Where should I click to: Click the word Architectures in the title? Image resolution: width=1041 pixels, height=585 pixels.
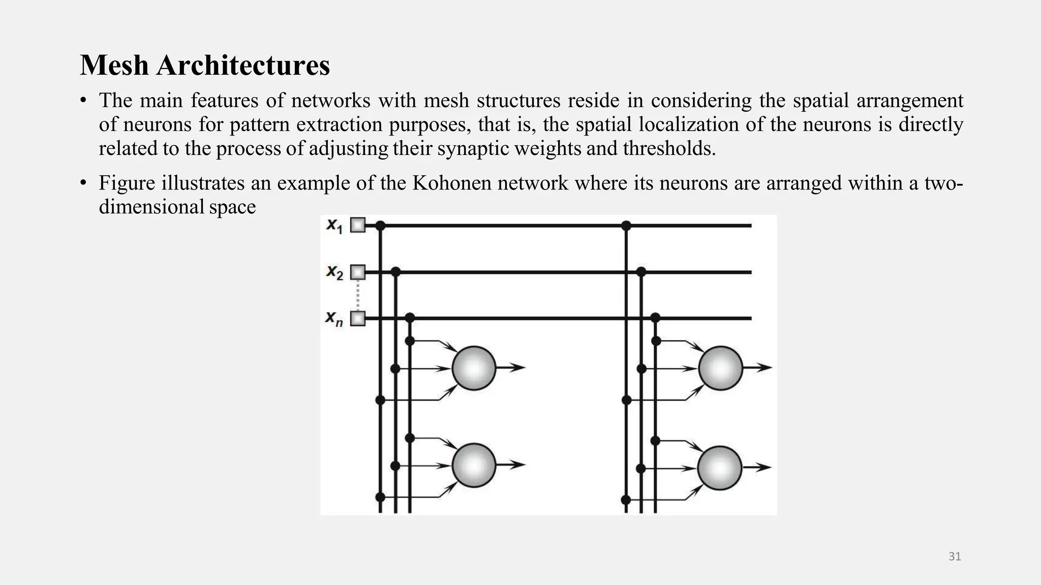point(243,66)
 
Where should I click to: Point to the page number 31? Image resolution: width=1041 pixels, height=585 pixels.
point(955,557)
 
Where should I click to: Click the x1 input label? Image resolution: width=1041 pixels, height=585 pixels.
point(334,225)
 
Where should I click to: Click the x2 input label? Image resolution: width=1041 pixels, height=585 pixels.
point(334,273)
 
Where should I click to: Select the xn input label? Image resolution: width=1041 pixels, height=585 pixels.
point(334,319)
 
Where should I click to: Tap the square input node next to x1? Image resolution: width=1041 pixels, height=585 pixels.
point(358,225)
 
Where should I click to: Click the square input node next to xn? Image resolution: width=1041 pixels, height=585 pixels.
point(358,318)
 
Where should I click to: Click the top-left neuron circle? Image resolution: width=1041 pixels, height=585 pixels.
point(474,368)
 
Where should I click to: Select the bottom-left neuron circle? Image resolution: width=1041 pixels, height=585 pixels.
point(474,465)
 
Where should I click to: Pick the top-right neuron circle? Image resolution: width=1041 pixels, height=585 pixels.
point(720,368)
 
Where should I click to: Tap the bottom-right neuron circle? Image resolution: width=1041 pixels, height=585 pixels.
point(719,468)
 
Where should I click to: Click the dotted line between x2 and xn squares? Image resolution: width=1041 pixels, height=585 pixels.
point(358,296)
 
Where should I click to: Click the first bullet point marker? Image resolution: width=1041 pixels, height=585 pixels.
point(83,101)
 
